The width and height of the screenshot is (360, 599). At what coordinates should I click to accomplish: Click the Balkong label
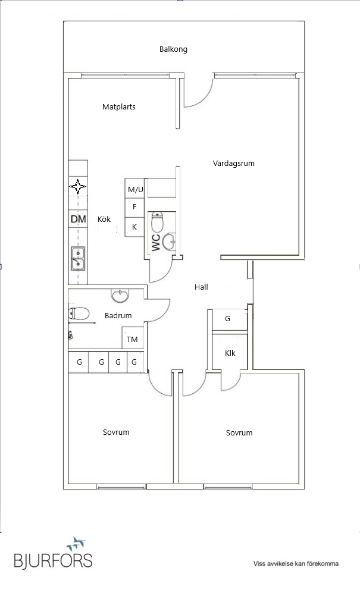pyautogui.click(x=173, y=49)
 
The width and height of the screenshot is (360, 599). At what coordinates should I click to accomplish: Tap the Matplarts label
pyautogui.click(x=119, y=107)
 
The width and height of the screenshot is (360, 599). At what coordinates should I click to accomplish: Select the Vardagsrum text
pyautogui.click(x=234, y=163)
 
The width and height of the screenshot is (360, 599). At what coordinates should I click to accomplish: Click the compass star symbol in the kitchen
pyautogui.click(x=77, y=187)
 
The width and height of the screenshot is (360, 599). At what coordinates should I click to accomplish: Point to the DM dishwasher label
pyautogui.click(x=78, y=219)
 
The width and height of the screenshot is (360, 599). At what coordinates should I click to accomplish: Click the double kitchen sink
pyautogui.click(x=77, y=257)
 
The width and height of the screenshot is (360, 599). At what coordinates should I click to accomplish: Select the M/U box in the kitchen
pyautogui.click(x=136, y=189)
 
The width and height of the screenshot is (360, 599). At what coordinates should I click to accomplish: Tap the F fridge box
pyautogui.click(x=134, y=207)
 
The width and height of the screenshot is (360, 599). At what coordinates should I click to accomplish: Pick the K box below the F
pyautogui.click(x=134, y=227)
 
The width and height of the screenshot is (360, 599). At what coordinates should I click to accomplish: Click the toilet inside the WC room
pyautogui.click(x=157, y=222)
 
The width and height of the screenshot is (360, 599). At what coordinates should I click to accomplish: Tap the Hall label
pyautogui.click(x=201, y=287)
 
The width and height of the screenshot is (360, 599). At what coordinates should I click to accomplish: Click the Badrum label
pyautogui.click(x=118, y=316)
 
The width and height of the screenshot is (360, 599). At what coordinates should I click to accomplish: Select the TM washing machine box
pyautogui.click(x=132, y=340)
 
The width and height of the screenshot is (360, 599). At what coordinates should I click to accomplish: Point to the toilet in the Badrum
pyautogui.click(x=79, y=313)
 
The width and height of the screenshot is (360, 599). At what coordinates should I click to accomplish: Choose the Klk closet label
pyautogui.click(x=230, y=353)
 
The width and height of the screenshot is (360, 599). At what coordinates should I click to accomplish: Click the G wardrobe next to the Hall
pyautogui.click(x=227, y=319)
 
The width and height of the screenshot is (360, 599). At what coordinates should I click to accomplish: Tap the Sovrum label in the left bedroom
pyautogui.click(x=116, y=432)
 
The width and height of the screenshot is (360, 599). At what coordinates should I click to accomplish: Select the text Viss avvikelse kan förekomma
pyautogui.click(x=296, y=563)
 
